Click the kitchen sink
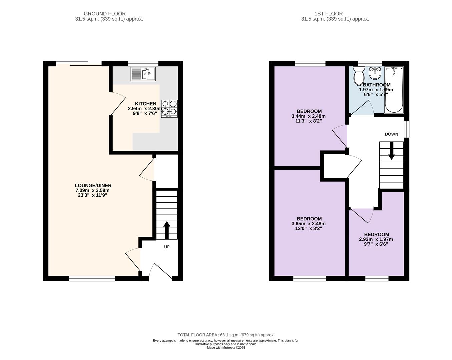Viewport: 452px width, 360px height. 143,74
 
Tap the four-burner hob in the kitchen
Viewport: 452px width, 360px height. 169,109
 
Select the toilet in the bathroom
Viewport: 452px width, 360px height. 359,76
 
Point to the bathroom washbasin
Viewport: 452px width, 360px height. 375,73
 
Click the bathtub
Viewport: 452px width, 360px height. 394,90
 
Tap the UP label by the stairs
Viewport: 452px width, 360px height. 167,247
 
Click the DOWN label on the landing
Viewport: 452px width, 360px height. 391,134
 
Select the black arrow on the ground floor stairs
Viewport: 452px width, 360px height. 167,230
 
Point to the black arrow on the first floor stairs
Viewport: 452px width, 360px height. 391,151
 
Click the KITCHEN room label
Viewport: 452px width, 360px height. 145,104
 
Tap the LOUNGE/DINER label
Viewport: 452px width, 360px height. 93,185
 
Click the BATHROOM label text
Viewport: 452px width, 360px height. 376,85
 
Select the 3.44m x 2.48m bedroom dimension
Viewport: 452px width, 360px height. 308,116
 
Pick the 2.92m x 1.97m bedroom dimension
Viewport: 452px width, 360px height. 376,239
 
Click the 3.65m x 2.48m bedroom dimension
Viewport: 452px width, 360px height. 308,224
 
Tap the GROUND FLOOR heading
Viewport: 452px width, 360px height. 105,14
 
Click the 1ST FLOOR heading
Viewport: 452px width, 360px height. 328,14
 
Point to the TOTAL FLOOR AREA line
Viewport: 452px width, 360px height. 226,335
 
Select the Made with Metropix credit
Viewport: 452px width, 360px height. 226,348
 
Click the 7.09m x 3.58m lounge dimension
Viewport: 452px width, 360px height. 92,190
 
